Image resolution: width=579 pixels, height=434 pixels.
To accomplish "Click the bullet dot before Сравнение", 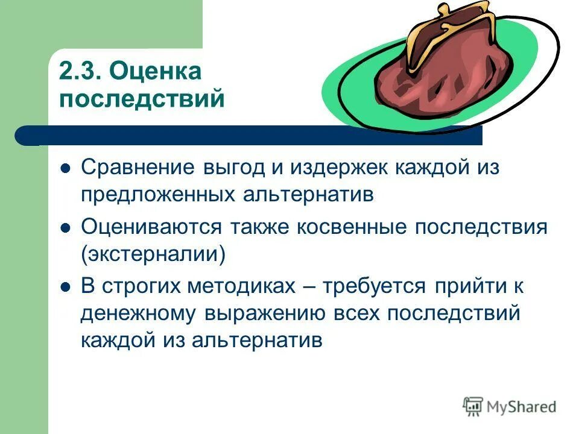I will click(x=66, y=168).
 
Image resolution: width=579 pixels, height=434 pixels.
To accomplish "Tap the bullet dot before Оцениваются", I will click(x=66, y=228).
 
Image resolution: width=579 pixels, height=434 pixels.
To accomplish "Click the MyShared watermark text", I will click(x=522, y=407).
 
